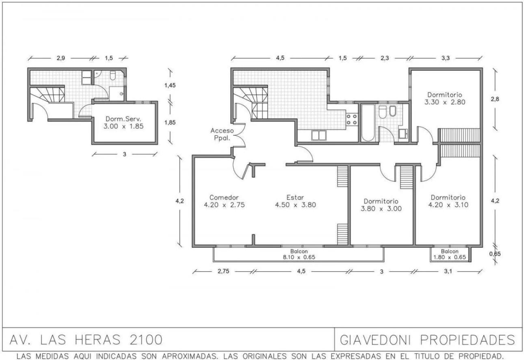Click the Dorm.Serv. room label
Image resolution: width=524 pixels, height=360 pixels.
tap(123, 119)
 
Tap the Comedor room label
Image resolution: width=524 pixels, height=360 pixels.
tap(224, 197)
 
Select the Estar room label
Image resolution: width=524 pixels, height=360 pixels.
tap(295, 197)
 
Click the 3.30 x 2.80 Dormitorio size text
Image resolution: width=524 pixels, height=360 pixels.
tap(445, 102)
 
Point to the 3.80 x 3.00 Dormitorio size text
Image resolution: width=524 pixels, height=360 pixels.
tap(381, 209)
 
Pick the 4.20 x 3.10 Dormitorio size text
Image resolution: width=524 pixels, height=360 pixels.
tap(448, 205)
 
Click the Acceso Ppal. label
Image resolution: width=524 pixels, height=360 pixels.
tap(222, 134)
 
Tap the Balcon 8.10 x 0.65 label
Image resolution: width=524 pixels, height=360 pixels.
tap(299, 254)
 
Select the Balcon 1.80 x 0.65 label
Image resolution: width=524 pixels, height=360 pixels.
tap(450, 254)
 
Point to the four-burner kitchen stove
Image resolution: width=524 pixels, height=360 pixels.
tap(352, 119)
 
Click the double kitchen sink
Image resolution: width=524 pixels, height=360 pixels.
tap(319, 136)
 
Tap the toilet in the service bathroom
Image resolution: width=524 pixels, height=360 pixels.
tap(113, 75)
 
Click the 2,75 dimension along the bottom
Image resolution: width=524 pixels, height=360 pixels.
tap(223, 271)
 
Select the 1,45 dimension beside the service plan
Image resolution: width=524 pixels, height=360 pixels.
tap(170, 85)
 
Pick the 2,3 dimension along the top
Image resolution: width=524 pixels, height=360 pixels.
tap(385, 58)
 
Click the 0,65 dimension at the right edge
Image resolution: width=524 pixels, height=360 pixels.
tap(495, 254)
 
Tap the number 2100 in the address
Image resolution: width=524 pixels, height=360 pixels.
tap(146, 340)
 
